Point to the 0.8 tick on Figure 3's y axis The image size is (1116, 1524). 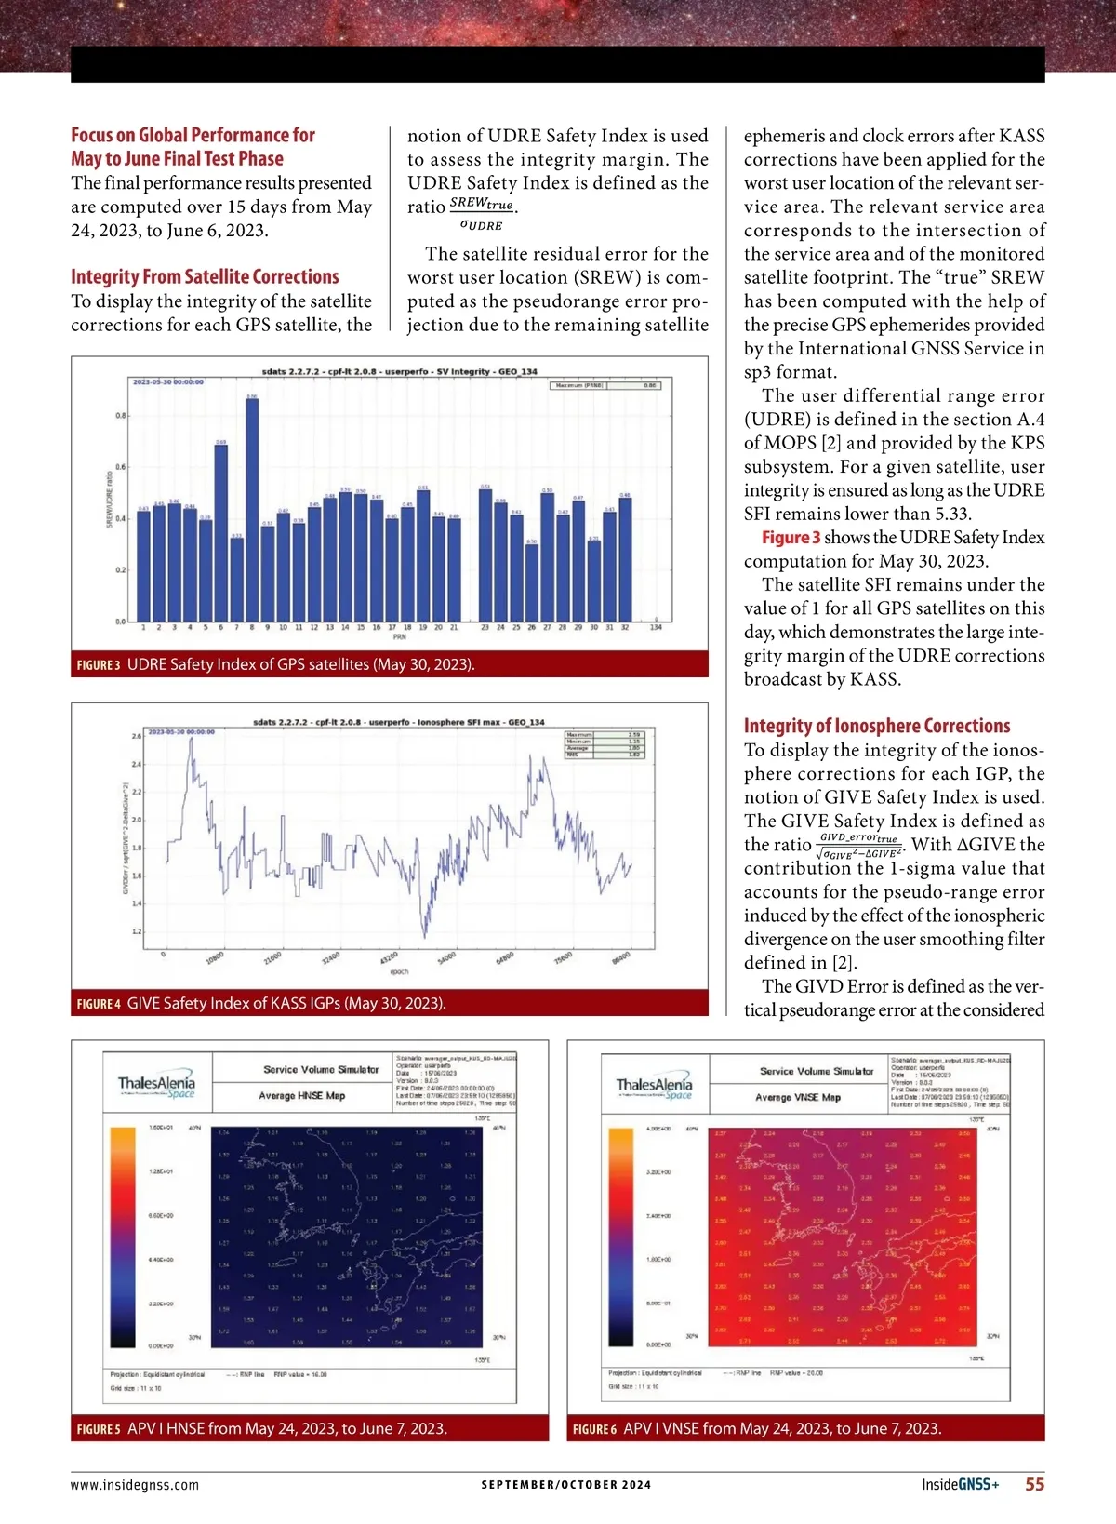(121, 416)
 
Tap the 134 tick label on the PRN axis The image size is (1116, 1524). (656, 628)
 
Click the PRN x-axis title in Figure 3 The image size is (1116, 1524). (400, 637)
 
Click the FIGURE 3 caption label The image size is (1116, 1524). (99, 664)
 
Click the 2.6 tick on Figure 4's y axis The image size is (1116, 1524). (137, 737)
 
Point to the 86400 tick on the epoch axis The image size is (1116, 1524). (621, 958)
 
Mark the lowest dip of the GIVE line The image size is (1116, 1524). (424, 936)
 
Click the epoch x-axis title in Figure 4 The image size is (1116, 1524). (399, 971)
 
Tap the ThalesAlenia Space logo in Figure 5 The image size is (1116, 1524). (156, 1086)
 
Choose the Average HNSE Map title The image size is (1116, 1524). (302, 1096)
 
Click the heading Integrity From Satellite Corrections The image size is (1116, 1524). (205, 276)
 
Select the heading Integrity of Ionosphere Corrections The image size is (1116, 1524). (876, 726)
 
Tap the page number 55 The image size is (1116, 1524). (1034, 1484)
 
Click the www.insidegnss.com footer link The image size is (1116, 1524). (135, 1485)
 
